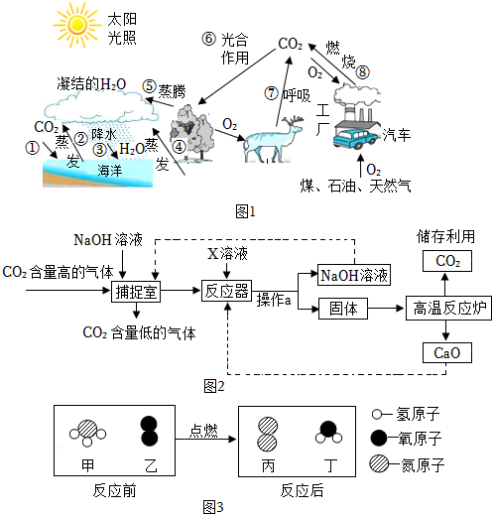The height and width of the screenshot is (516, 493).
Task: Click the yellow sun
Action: click(x=77, y=24)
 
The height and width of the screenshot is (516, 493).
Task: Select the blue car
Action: click(x=354, y=139)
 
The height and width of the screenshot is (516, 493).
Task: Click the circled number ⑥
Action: click(x=209, y=39)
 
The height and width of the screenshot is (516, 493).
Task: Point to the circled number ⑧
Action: click(x=363, y=72)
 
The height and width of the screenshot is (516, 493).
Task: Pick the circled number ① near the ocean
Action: click(x=32, y=148)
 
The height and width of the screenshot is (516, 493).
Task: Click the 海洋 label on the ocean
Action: click(x=110, y=171)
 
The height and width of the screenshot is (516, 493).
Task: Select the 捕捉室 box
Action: click(x=136, y=292)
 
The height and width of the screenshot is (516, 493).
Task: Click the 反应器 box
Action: click(x=226, y=291)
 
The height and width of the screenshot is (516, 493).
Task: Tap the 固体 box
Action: click(x=343, y=309)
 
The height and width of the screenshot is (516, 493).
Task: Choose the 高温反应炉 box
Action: click(x=448, y=309)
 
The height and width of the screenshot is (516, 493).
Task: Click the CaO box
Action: click(x=447, y=353)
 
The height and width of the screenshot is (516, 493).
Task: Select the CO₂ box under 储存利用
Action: click(x=447, y=261)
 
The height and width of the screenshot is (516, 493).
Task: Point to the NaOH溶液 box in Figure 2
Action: click(x=354, y=275)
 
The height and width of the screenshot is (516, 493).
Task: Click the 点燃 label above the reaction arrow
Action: click(x=203, y=431)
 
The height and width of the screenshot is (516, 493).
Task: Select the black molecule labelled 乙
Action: click(x=149, y=431)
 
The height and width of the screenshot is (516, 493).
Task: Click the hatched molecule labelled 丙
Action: click(x=268, y=434)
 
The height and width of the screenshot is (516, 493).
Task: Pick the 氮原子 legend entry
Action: click(x=407, y=464)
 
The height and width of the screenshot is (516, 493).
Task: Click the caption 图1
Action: click(x=245, y=211)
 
